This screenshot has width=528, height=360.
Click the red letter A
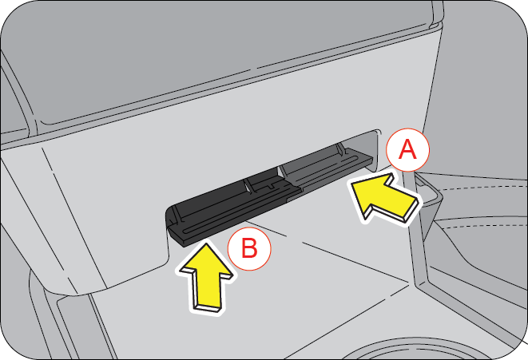click(407, 149)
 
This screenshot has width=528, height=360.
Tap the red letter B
click(249, 248)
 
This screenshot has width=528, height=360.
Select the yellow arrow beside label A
click(385, 198)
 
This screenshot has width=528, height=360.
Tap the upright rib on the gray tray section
click(340, 151)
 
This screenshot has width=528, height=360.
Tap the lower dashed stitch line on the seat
click(485, 224)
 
